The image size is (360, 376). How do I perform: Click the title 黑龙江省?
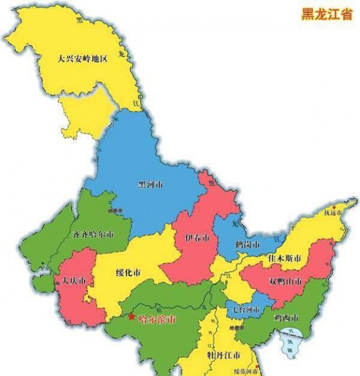point(326,14)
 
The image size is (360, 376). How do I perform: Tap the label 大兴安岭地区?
point(81,59)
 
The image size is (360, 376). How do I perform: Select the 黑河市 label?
point(150,185)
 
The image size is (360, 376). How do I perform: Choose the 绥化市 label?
point(128,273)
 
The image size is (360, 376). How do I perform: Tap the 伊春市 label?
point(197,238)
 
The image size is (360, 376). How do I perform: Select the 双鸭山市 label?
point(284,280)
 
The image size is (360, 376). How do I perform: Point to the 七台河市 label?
point(244,310)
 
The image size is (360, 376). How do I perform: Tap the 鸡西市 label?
point(286,318)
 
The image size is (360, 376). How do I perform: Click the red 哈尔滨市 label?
point(157,319)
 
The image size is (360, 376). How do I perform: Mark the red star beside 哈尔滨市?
point(131,317)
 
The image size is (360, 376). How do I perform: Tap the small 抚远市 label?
point(334,213)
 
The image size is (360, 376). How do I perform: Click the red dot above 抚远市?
point(335,206)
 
